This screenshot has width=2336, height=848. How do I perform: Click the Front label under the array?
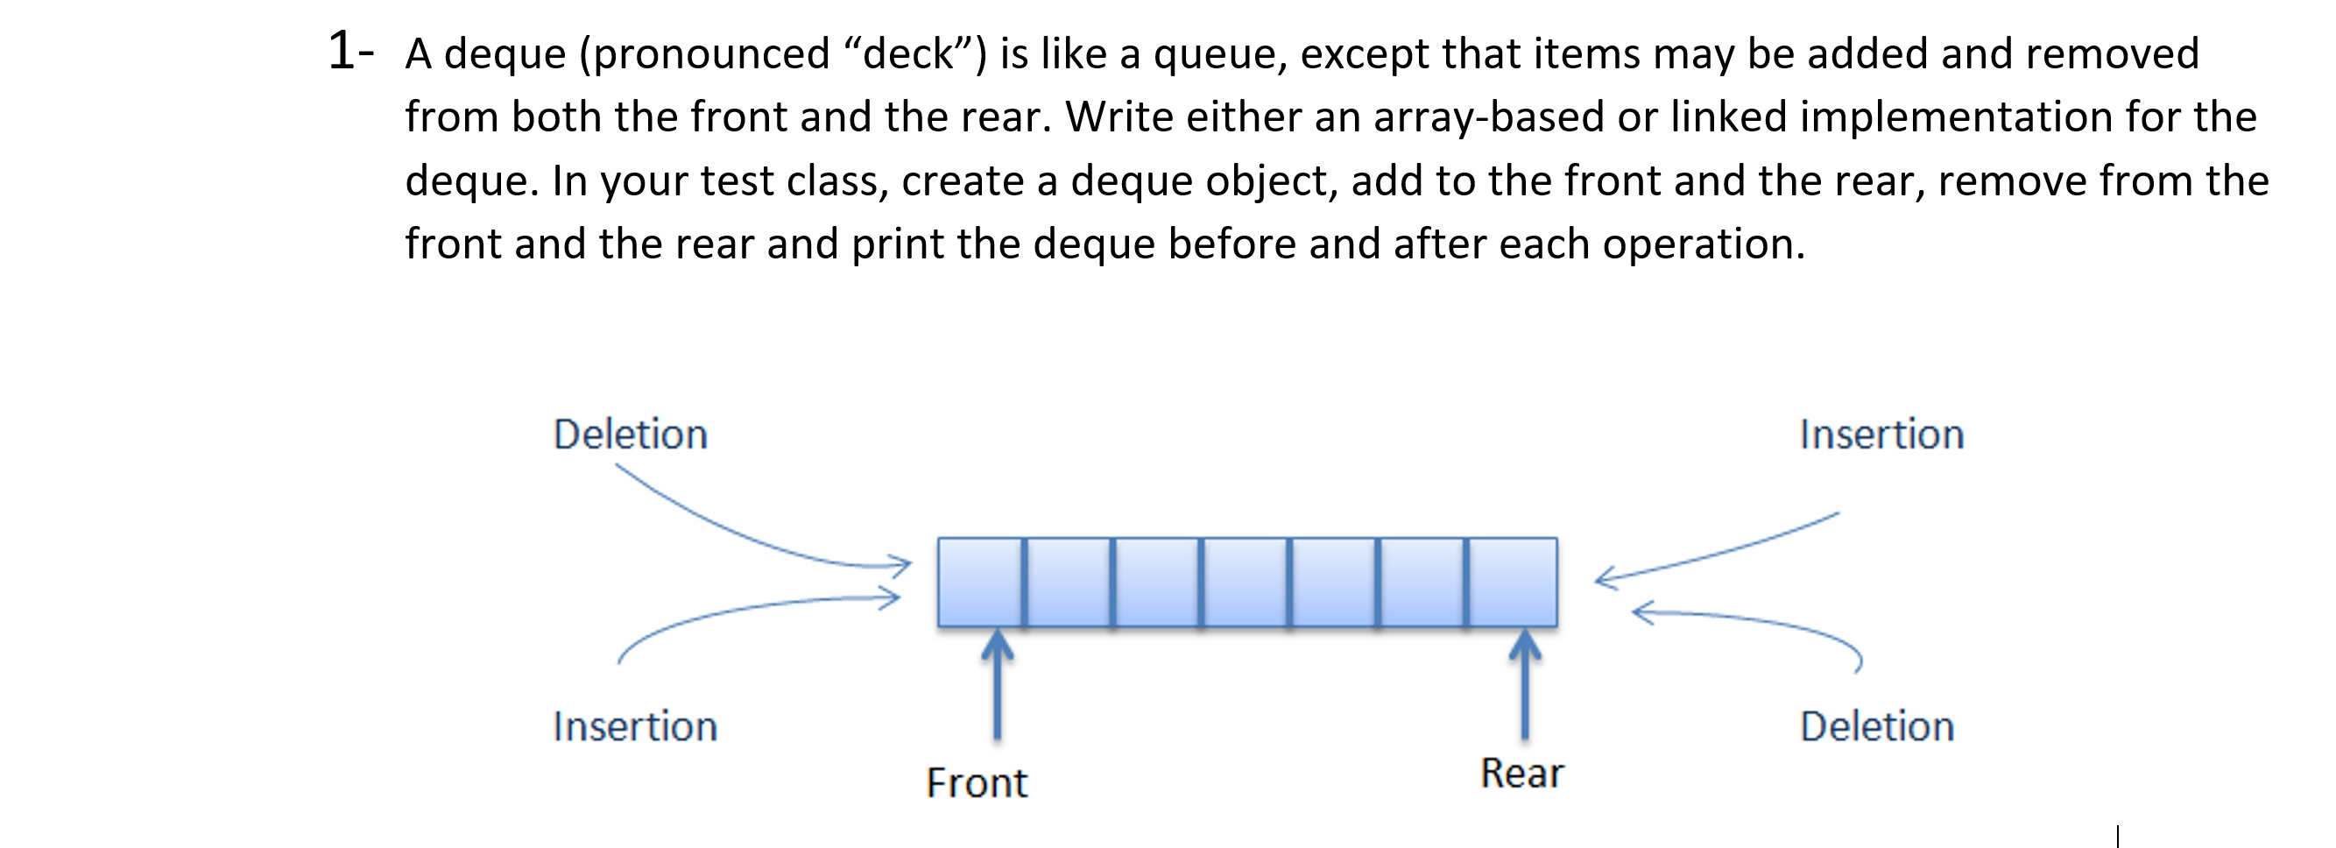[x=977, y=782]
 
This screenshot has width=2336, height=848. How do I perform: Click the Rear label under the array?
[x=1521, y=774]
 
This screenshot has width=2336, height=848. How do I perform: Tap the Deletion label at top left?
[x=631, y=435]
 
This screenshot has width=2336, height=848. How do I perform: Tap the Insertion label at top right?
[x=1881, y=435]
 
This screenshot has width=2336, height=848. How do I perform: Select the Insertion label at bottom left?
[x=635, y=726]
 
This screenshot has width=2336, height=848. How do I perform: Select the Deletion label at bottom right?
[x=1876, y=726]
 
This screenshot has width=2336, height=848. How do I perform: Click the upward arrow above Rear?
[x=1524, y=685]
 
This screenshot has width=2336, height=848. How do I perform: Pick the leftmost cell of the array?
[x=980, y=582]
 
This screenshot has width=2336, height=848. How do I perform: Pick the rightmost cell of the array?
[x=1512, y=582]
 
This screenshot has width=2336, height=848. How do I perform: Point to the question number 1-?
[x=350, y=51]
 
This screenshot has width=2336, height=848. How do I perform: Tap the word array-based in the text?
[x=1488, y=118]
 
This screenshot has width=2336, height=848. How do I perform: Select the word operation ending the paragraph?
[x=1701, y=246]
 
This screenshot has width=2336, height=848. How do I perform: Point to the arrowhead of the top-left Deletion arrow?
[x=901, y=565]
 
